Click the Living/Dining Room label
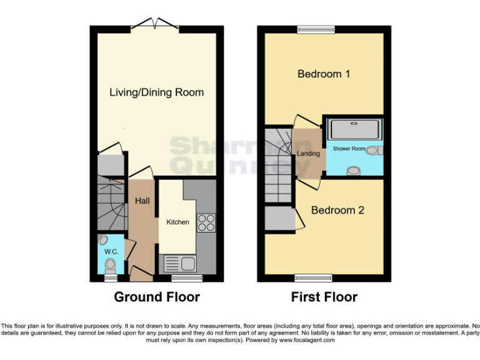[156, 92]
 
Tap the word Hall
[142, 201]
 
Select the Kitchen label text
[177, 222]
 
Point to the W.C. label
[111, 251]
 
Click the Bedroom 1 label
[323, 74]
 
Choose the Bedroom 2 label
[337, 210]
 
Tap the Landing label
[308, 153]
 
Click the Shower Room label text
[349, 149]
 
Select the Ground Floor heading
[157, 297]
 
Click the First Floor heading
[324, 297]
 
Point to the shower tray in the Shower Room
[354, 129]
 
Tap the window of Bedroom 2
[313, 277]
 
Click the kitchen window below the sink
[187, 277]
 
